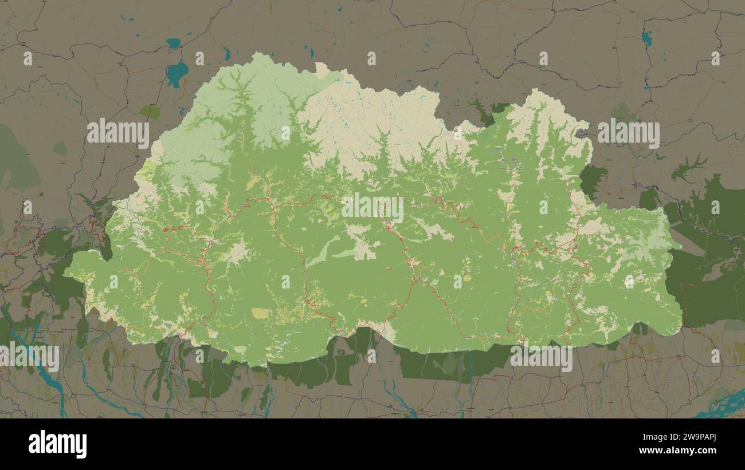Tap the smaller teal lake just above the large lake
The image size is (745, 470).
pos(173,43)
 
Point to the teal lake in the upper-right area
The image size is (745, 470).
pos(647,38)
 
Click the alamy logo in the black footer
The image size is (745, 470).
pos(57,444)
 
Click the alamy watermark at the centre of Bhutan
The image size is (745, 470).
pos(372,208)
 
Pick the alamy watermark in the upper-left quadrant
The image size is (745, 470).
pos(118,133)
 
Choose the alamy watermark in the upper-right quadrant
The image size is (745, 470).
pos(628,133)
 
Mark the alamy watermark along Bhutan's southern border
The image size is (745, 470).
pos(541,357)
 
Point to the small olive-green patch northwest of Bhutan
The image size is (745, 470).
pos(150,112)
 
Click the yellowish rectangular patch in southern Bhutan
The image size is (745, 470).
pos(260,313)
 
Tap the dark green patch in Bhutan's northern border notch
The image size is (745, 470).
pos(491,112)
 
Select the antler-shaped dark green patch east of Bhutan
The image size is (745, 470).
pos(688,167)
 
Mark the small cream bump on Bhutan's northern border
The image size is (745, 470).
pos(321,71)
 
